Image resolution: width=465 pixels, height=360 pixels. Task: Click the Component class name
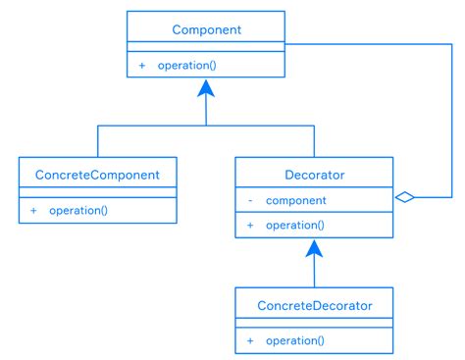pos(206,29)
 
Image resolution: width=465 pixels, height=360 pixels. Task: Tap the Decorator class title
pos(314,175)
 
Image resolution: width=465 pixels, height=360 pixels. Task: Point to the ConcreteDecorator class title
pos(314,305)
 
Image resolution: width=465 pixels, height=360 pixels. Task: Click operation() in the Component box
pos(186,66)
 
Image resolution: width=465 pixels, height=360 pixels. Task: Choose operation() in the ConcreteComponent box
pos(78,210)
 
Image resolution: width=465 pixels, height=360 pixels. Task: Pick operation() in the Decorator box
pos(294,225)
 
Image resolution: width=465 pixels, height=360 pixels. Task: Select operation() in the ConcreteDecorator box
pos(294,340)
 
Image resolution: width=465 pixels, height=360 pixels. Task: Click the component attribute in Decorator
pos(296,200)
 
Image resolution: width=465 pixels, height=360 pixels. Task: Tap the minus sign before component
pos(250,200)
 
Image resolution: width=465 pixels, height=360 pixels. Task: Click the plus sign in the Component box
pos(142,66)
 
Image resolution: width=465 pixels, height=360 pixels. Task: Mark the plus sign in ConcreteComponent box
pos(33,210)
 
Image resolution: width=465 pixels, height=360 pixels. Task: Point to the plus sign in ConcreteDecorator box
pos(250,340)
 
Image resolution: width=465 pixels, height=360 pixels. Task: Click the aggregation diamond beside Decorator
pos(403,197)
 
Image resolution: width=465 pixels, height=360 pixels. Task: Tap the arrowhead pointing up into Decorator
pos(314,249)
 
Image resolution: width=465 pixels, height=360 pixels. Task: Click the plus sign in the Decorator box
pos(250,225)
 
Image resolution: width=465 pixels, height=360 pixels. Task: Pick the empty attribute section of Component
pos(206,48)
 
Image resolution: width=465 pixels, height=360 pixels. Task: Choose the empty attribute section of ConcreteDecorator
pos(314,324)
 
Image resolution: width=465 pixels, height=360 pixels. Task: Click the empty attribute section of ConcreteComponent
pos(98,193)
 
